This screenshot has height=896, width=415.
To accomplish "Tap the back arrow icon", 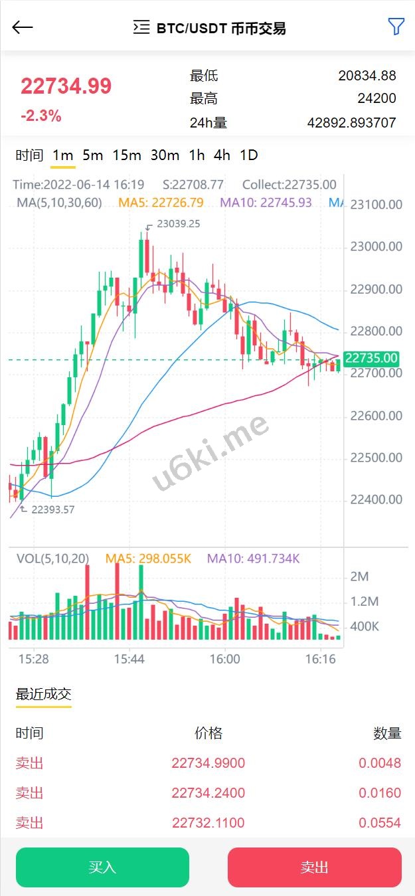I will click(x=23, y=27).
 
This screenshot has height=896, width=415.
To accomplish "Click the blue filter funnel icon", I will click(x=396, y=27).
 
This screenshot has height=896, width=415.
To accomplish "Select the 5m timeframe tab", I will click(x=93, y=155).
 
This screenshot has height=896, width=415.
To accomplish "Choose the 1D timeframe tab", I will click(x=248, y=155).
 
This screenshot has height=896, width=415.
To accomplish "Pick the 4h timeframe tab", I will click(x=222, y=155).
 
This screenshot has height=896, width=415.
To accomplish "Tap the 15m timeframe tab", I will click(x=127, y=155).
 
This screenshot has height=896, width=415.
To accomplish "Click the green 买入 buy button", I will click(x=102, y=867).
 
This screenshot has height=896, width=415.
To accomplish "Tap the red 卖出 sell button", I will click(x=314, y=867).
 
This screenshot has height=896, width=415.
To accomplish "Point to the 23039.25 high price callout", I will click(x=178, y=224).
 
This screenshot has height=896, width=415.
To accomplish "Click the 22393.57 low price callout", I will click(x=53, y=510).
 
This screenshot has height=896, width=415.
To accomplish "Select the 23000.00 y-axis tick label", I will click(x=376, y=246).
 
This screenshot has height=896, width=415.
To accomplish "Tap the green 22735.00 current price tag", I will click(x=372, y=359).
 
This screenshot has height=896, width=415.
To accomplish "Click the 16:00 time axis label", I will click(x=224, y=659).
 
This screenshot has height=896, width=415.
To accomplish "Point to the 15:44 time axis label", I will click(x=129, y=659).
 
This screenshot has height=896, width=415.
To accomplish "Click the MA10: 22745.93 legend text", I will click(x=266, y=203).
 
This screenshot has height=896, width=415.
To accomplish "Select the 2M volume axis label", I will click(x=359, y=577).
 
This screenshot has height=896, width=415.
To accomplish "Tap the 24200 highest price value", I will click(x=376, y=99).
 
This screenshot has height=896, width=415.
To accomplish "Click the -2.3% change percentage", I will click(x=41, y=116).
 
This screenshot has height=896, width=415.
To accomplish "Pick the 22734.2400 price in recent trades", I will click(x=208, y=793).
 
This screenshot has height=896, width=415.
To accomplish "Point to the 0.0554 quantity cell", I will click(x=380, y=823).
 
